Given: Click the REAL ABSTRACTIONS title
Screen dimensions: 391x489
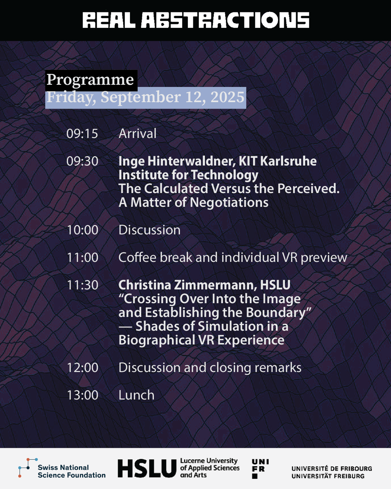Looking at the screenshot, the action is pyautogui.click(x=195, y=20).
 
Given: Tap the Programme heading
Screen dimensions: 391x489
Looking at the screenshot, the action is pyautogui.click(x=90, y=80).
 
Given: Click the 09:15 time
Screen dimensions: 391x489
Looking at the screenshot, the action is pyautogui.click(x=82, y=134).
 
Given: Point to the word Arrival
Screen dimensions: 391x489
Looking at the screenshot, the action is pyautogui.click(x=138, y=133).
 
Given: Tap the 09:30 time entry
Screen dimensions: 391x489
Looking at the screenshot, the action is pyautogui.click(x=82, y=161).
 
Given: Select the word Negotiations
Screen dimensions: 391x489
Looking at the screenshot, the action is pyautogui.click(x=229, y=203).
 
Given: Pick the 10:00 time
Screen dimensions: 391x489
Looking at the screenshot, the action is pyautogui.click(x=83, y=230).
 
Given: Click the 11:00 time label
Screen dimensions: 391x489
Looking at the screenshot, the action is pyautogui.click(x=83, y=258).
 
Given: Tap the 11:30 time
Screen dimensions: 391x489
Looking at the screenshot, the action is pyautogui.click(x=83, y=285).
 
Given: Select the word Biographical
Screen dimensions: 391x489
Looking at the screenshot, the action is pyautogui.click(x=157, y=340).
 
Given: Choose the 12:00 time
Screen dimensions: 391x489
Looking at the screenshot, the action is pyautogui.click(x=83, y=368).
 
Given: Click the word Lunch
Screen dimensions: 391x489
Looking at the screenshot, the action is pyautogui.click(x=136, y=395).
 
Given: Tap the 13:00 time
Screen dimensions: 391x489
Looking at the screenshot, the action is pyautogui.click(x=83, y=395).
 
